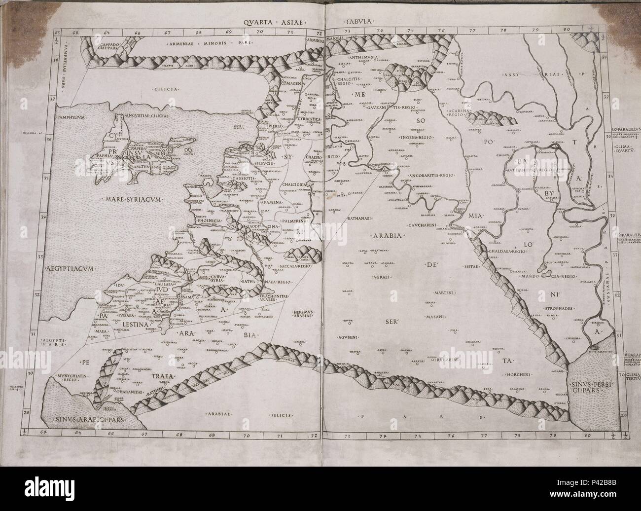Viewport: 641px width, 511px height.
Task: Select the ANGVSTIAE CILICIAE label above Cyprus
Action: [x=147, y=115]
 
